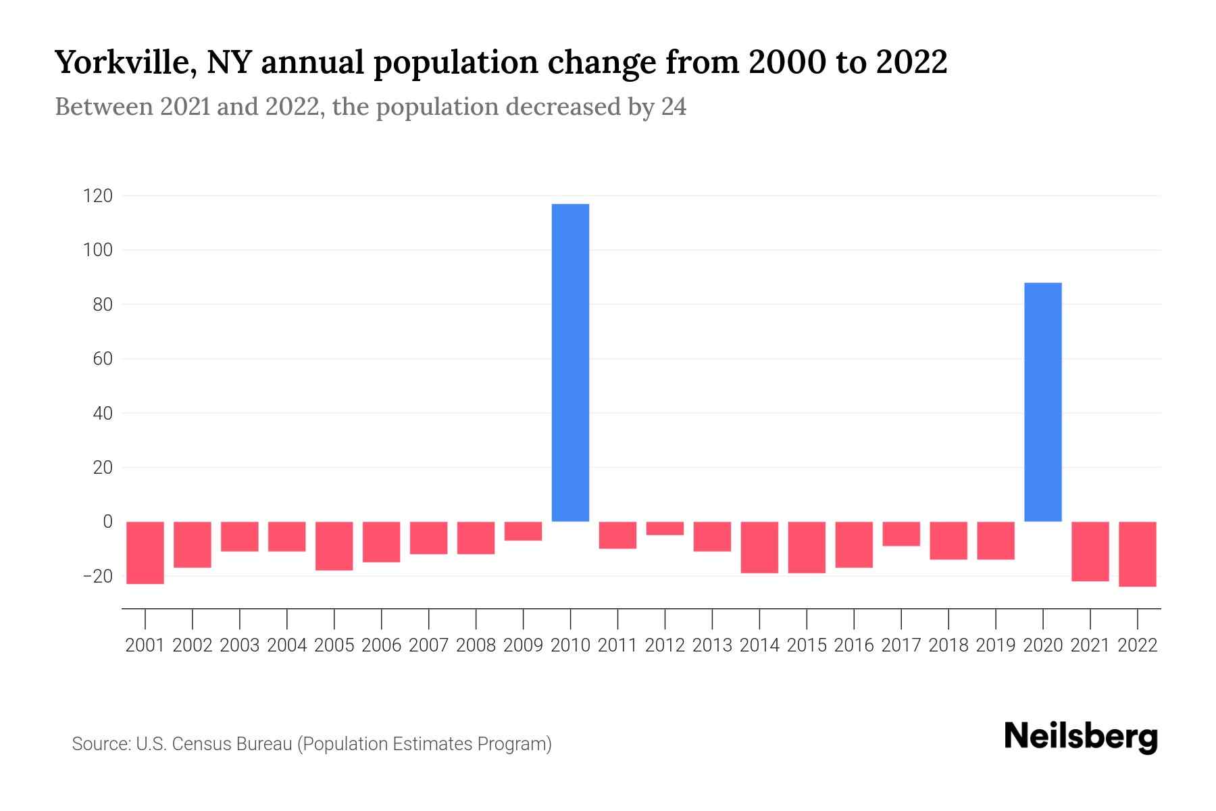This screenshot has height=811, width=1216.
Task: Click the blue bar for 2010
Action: (x=570, y=362)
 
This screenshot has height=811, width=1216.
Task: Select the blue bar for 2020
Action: (x=1042, y=401)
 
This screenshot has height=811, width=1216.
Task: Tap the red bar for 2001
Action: (x=145, y=552)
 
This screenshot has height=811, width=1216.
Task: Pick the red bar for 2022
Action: (x=1137, y=554)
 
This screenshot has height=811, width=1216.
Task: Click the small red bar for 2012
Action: (x=665, y=529)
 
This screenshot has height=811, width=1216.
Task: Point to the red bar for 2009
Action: (x=523, y=531)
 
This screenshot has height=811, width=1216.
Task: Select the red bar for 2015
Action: (x=807, y=547)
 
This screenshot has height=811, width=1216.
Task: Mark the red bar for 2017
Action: (x=901, y=534)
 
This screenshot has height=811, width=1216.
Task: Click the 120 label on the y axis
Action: (x=97, y=197)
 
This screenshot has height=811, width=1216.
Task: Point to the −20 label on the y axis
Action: (x=97, y=576)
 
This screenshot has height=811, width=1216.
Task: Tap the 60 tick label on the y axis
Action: (x=102, y=359)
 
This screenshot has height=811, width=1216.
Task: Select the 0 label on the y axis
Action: (x=107, y=522)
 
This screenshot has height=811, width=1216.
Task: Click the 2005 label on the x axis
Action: (x=334, y=645)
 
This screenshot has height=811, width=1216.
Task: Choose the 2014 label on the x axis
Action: (x=759, y=645)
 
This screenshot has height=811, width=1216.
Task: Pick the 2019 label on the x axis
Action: (x=995, y=645)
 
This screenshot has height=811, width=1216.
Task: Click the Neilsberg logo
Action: (x=1081, y=737)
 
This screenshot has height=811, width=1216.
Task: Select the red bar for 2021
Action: (x=1090, y=551)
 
